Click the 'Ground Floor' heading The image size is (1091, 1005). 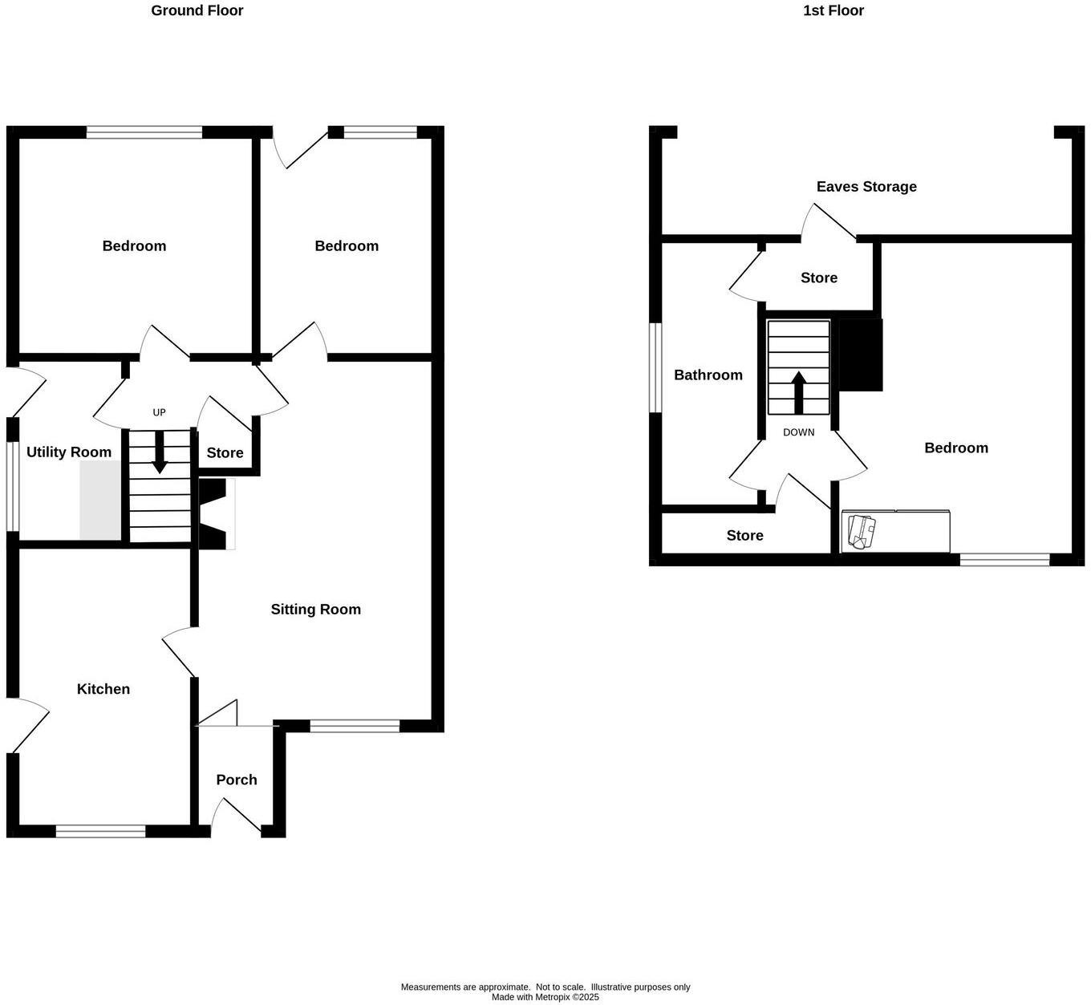197,10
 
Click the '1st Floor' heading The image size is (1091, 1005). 833,10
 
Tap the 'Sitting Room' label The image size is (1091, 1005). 315,610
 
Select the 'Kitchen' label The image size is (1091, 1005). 103,689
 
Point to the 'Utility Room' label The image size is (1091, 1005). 69,452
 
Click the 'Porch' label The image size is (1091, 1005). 237,780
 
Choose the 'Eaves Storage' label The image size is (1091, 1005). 866,187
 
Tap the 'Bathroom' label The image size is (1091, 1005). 708,375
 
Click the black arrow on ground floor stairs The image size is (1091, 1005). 160,452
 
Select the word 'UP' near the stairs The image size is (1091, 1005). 159,412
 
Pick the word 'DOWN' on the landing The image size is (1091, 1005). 798,432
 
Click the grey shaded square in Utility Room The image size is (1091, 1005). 100,501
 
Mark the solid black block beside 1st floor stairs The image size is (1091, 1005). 860,355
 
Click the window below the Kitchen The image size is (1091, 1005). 101,832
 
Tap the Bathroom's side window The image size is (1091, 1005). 655,367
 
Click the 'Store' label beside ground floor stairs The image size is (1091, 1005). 225,453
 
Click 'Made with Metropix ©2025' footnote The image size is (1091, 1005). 545,998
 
